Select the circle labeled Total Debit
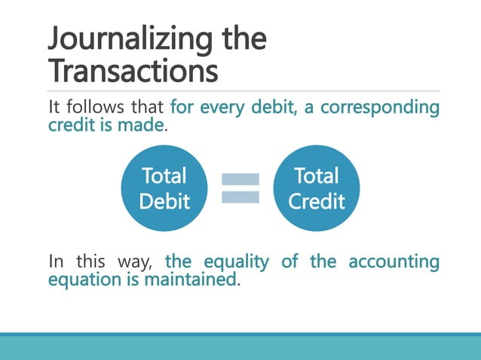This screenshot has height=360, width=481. (164, 188)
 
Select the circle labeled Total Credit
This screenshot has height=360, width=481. (317, 188)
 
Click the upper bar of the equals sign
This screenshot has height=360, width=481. (240, 179)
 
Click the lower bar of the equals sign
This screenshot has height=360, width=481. (240, 197)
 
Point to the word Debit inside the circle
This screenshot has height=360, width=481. (164, 201)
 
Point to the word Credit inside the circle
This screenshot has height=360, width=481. (317, 201)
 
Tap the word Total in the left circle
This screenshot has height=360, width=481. (164, 176)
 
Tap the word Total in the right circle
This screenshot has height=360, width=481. (317, 176)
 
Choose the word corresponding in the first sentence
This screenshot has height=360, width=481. (379, 108)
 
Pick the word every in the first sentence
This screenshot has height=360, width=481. (225, 108)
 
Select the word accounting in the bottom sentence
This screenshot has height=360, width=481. (394, 263)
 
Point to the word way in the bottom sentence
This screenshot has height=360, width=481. (136, 263)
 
